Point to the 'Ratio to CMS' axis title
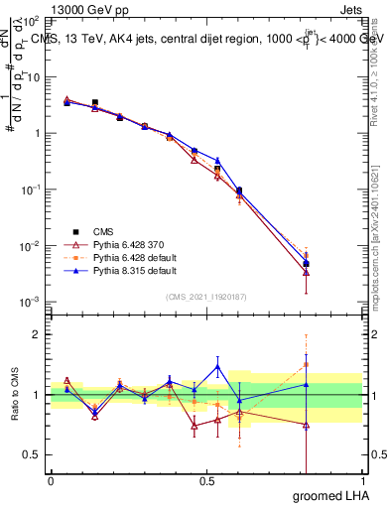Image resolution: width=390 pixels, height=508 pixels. pos(15,394)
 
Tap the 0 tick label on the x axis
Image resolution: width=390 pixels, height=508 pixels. pos(51,480)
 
